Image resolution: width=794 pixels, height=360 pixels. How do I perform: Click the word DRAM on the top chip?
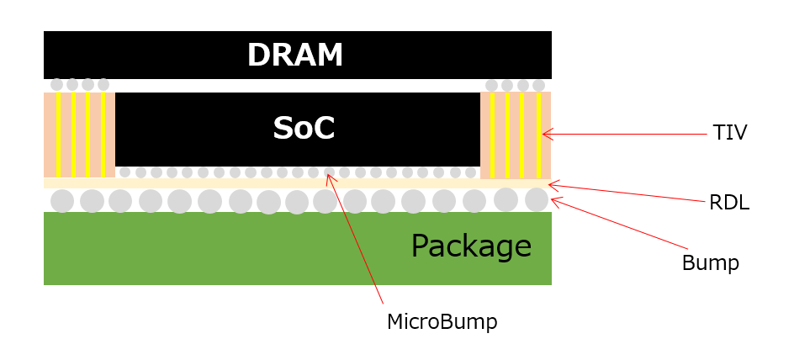pos(295,56)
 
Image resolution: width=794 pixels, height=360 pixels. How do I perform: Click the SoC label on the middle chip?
pos(304,128)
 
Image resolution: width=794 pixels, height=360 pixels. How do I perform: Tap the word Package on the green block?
pos(471,246)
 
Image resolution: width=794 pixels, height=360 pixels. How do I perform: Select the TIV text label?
pos(729,133)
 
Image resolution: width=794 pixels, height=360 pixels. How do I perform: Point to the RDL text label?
pos(728,203)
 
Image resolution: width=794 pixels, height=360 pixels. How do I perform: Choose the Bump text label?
pos(710,263)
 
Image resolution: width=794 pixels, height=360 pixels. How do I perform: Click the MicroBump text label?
pos(442,322)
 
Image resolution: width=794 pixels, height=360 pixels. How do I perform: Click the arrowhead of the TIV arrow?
pos(546,133)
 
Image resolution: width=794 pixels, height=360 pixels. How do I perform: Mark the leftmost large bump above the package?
pos(62,201)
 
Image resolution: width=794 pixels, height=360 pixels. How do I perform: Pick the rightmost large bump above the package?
pos(537,199)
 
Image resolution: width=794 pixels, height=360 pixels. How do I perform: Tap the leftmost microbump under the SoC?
pos(124,172)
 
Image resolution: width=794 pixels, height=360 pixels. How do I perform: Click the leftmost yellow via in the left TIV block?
pos(58,135)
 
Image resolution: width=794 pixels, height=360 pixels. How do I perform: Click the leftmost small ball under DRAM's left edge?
pos(56,85)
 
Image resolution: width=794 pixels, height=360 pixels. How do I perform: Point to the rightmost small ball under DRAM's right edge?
pos(538,85)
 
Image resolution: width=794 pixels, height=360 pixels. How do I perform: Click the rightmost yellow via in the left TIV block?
pos(103,135)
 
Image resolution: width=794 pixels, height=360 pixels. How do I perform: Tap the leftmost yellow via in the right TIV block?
pos(493,135)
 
